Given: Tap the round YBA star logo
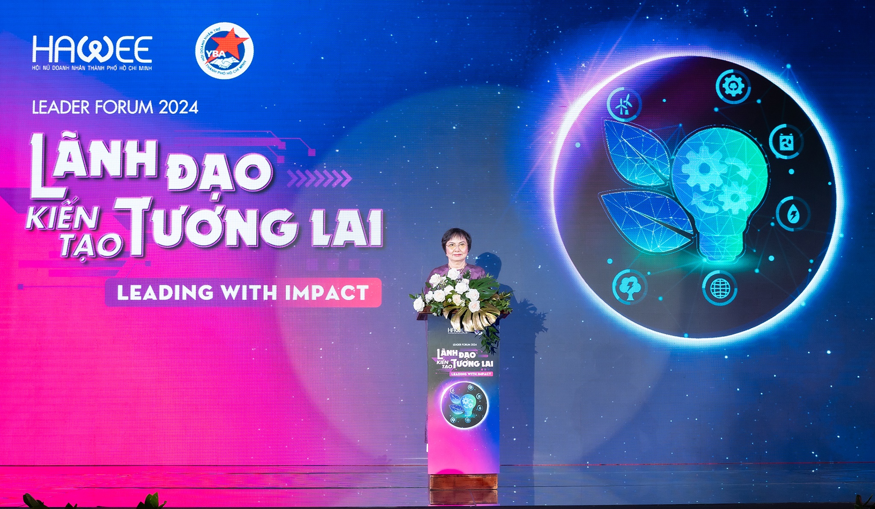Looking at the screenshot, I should [224, 50].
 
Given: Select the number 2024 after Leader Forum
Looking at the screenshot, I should [178, 107].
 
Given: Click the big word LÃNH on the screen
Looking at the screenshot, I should [94, 165].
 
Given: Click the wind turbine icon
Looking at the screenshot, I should [624, 104].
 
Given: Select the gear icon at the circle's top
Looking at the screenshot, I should [733, 87].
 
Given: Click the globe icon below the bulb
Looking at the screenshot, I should [720, 288].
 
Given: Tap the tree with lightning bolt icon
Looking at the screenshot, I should [629, 286].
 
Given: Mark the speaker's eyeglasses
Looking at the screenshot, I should [456, 245].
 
